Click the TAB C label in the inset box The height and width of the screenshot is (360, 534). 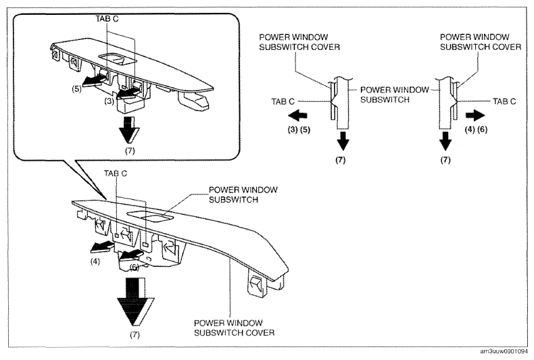click(107, 19)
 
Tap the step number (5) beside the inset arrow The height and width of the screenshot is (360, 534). click(76, 88)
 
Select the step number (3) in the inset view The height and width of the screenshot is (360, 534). click(109, 101)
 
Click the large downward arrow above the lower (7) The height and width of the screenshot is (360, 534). click(136, 302)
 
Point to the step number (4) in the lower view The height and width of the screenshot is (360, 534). click(95, 261)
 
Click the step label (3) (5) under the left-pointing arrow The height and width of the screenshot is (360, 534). click(299, 130)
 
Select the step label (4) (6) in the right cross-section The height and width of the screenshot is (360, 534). click(476, 129)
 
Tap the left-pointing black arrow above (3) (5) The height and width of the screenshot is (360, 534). click(297, 115)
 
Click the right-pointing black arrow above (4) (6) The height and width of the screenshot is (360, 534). click(475, 115)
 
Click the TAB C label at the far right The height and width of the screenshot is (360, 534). click(504, 101)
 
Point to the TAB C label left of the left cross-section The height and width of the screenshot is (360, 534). click(283, 101)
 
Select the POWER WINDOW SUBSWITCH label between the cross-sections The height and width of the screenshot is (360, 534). click(394, 95)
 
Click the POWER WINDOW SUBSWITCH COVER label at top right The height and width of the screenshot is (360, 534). click(480, 42)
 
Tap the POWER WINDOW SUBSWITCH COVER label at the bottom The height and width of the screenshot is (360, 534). click(235, 328)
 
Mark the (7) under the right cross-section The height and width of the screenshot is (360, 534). click(445, 160)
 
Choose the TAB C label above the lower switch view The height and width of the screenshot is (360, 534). click(116, 174)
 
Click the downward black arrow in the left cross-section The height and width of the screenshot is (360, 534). click(343, 140)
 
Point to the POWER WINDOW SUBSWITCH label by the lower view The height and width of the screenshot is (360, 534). click(243, 195)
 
